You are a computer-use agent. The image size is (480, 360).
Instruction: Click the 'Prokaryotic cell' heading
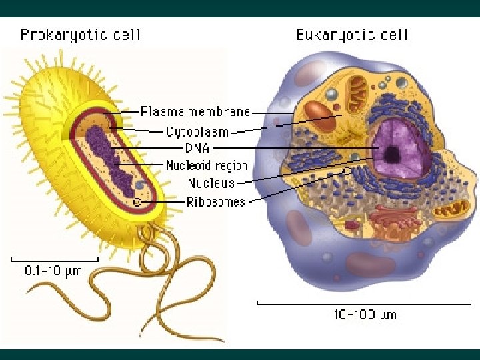(x=81, y=35)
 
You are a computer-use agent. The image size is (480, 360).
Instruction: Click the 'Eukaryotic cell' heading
(x=352, y=35)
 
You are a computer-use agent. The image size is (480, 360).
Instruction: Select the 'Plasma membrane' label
(x=195, y=111)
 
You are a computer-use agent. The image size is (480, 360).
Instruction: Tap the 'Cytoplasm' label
(x=197, y=131)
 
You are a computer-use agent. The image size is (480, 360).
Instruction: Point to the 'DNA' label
(x=197, y=147)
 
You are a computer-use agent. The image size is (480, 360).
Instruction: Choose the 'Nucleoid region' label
(x=207, y=165)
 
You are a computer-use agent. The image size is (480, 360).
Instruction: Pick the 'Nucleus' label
(x=211, y=183)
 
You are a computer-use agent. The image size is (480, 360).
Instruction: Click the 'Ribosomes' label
(x=215, y=201)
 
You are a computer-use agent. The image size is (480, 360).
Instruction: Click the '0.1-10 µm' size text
(x=53, y=271)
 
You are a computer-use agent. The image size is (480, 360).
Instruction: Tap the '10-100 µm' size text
(x=365, y=314)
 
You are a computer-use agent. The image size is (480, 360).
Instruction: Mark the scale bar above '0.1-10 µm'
(x=54, y=259)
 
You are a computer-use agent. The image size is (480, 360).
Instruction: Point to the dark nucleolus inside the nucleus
(x=393, y=155)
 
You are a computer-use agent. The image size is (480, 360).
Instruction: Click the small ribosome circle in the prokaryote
(x=137, y=201)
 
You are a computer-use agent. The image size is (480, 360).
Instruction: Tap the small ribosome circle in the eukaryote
(x=347, y=171)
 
